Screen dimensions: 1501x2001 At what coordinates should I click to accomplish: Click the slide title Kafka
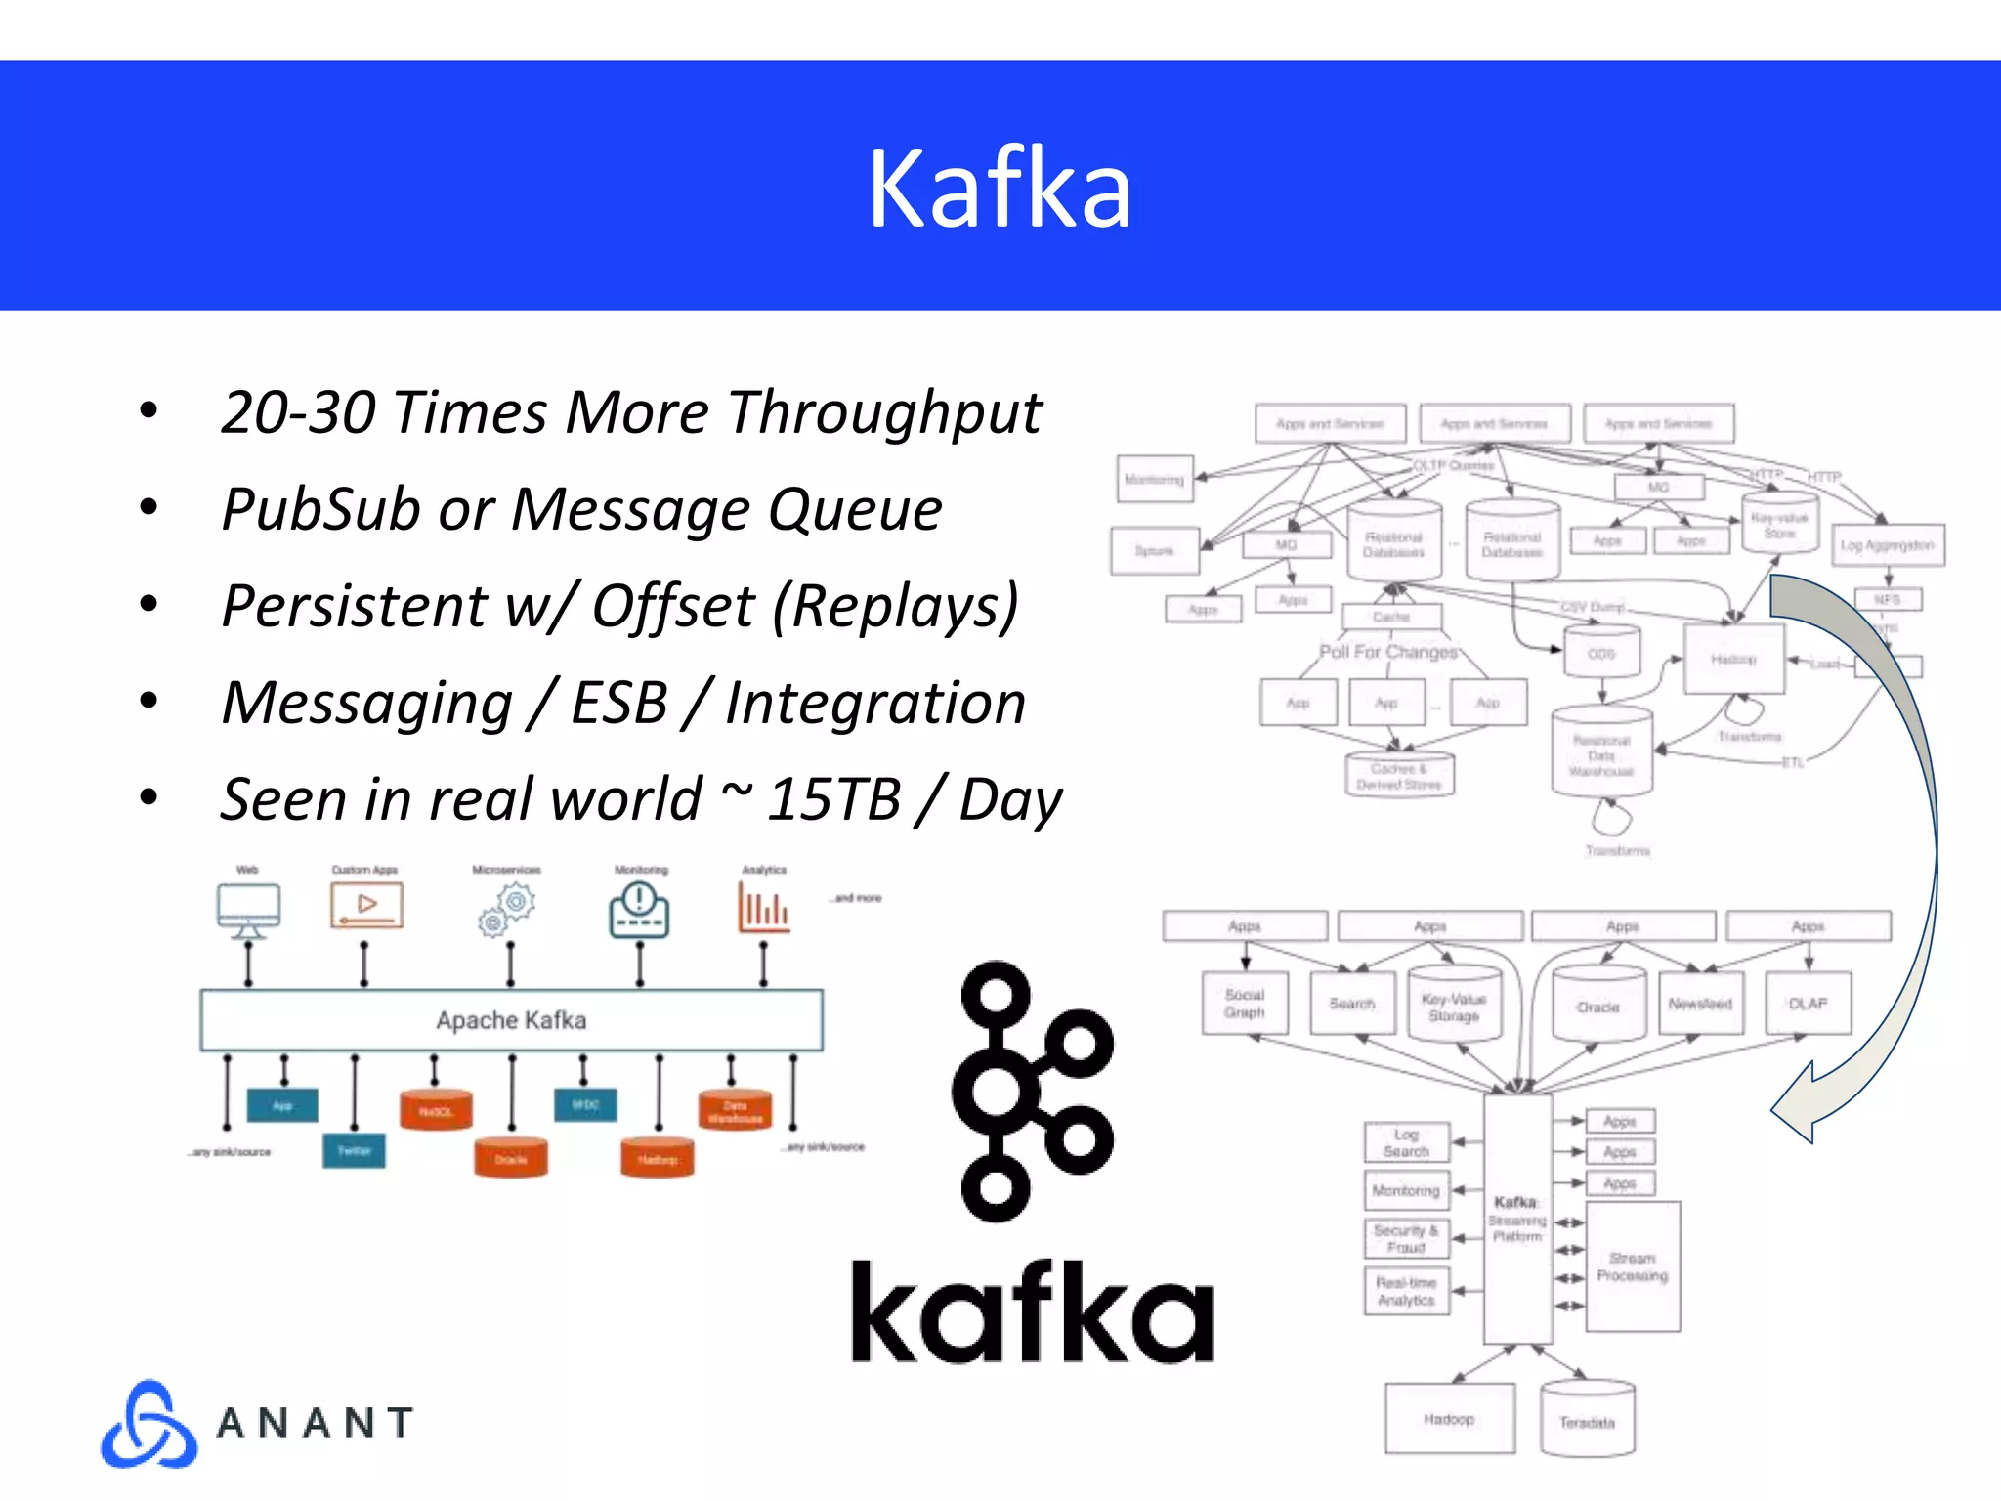click(x=999, y=188)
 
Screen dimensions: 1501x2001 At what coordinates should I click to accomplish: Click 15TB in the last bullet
click(x=832, y=799)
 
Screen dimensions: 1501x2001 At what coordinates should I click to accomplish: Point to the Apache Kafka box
click(x=511, y=1020)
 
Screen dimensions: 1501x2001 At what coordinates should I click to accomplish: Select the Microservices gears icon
click(x=507, y=909)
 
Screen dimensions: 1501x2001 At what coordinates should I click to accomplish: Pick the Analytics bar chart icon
click(x=763, y=908)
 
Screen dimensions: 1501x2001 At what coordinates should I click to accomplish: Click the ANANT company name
click(x=315, y=1424)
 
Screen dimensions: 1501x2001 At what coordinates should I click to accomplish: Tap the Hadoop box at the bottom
click(x=1449, y=1419)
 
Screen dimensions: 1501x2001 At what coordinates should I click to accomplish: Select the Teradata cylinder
click(x=1587, y=1421)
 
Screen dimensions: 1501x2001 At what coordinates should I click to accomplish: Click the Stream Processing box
click(x=1632, y=1266)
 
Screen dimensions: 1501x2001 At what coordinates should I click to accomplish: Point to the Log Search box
click(x=1406, y=1142)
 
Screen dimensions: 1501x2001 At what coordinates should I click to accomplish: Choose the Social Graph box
click(x=1244, y=1004)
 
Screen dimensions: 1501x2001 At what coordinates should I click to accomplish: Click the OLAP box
click(x=1808, y=1004)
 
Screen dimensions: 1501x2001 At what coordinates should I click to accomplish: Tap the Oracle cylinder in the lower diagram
click(x=1598, y=1006)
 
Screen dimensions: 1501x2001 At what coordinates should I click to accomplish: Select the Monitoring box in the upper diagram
click(x=1154, y=479)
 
